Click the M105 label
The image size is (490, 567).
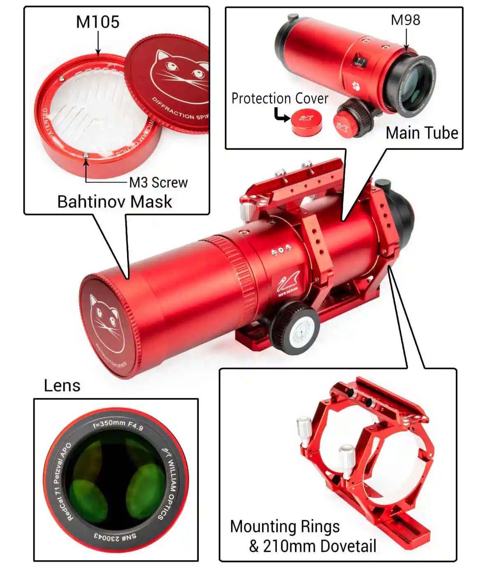[x=98, y=22]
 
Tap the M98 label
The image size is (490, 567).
[x=405, y=20]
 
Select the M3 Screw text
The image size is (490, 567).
[x=158, y=182]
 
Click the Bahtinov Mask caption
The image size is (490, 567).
[x=114, y=202]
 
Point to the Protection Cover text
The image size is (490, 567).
[x=280, y=99]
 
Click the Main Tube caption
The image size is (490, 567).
[x=422, y=133]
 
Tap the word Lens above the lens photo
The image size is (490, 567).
[x=62, y=385]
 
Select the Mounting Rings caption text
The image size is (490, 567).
[x=285, y=527]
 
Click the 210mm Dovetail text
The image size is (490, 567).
[x=319, y=546]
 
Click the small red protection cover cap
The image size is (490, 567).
[x=307, y=121]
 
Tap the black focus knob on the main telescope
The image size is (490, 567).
[x=295, y=329]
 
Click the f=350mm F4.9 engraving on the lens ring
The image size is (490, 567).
[x=118, y=424]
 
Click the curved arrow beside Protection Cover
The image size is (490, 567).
[x=282, y=115]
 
